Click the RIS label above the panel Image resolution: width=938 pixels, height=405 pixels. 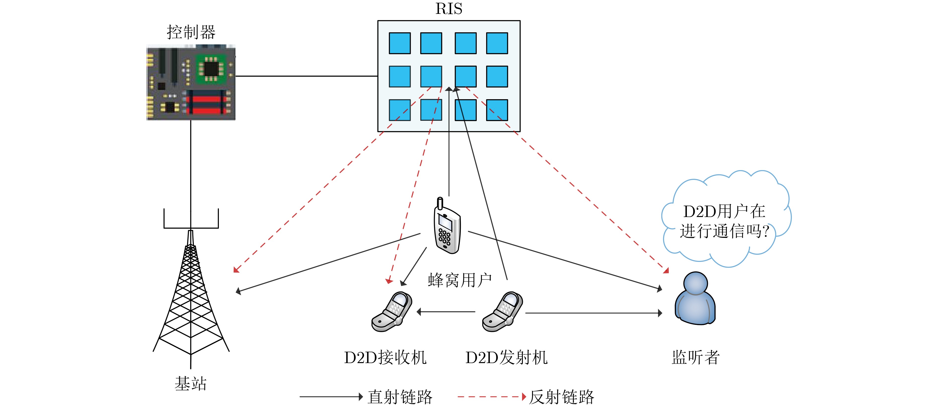point(449,9)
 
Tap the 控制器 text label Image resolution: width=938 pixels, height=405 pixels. point(191,32)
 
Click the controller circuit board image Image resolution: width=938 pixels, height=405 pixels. point(191,82)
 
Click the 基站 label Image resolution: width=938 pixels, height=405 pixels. point(191,383)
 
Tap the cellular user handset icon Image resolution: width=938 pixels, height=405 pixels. point(447,226)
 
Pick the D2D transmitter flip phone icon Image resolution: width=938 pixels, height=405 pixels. point(502,312)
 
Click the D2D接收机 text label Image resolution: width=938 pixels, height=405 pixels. point(385,357)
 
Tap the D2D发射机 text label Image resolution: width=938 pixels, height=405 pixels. point(506,357)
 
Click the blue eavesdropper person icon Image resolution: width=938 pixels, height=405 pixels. point(695,298)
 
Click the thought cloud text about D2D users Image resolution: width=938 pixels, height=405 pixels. point(724,221)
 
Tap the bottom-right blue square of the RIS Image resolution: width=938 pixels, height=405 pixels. point(497,110)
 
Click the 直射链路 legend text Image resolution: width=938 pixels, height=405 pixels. point(400,397)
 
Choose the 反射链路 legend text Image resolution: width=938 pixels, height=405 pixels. point(562,397)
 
